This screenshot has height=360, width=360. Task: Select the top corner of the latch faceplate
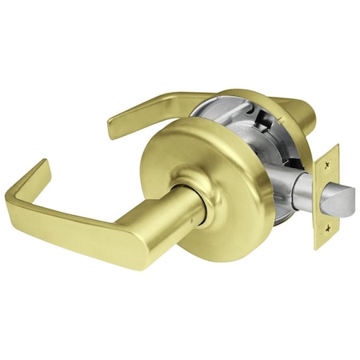click(336, 146)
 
